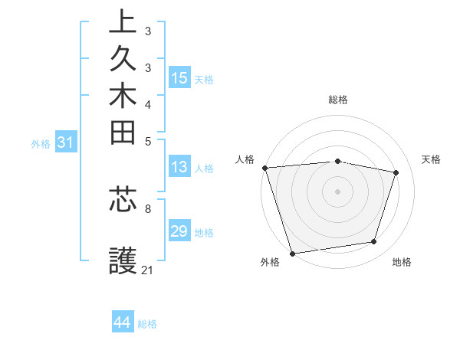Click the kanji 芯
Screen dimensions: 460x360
tap(123, 198)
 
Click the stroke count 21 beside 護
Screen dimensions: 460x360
tap(148, 270)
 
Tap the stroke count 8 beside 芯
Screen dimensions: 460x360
tap(148, 208)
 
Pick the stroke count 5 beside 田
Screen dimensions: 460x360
tap(148, 141)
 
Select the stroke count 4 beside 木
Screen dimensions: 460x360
tap(148, 103)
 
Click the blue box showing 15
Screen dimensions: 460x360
tap(179, 78)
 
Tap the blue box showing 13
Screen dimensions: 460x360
tap(179, 168)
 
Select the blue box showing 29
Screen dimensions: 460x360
tap(179, 231)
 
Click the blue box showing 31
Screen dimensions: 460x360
tap(66, 142)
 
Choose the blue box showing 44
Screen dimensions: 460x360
tap(123, 322)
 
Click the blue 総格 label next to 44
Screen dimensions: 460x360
tap(148, 324)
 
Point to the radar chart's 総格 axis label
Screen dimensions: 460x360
tap(337, 100)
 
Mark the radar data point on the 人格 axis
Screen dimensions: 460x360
tap(264, 168)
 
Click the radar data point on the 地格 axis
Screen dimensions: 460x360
tap(374, 242)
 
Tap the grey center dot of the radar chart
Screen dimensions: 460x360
tap(337, 191)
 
